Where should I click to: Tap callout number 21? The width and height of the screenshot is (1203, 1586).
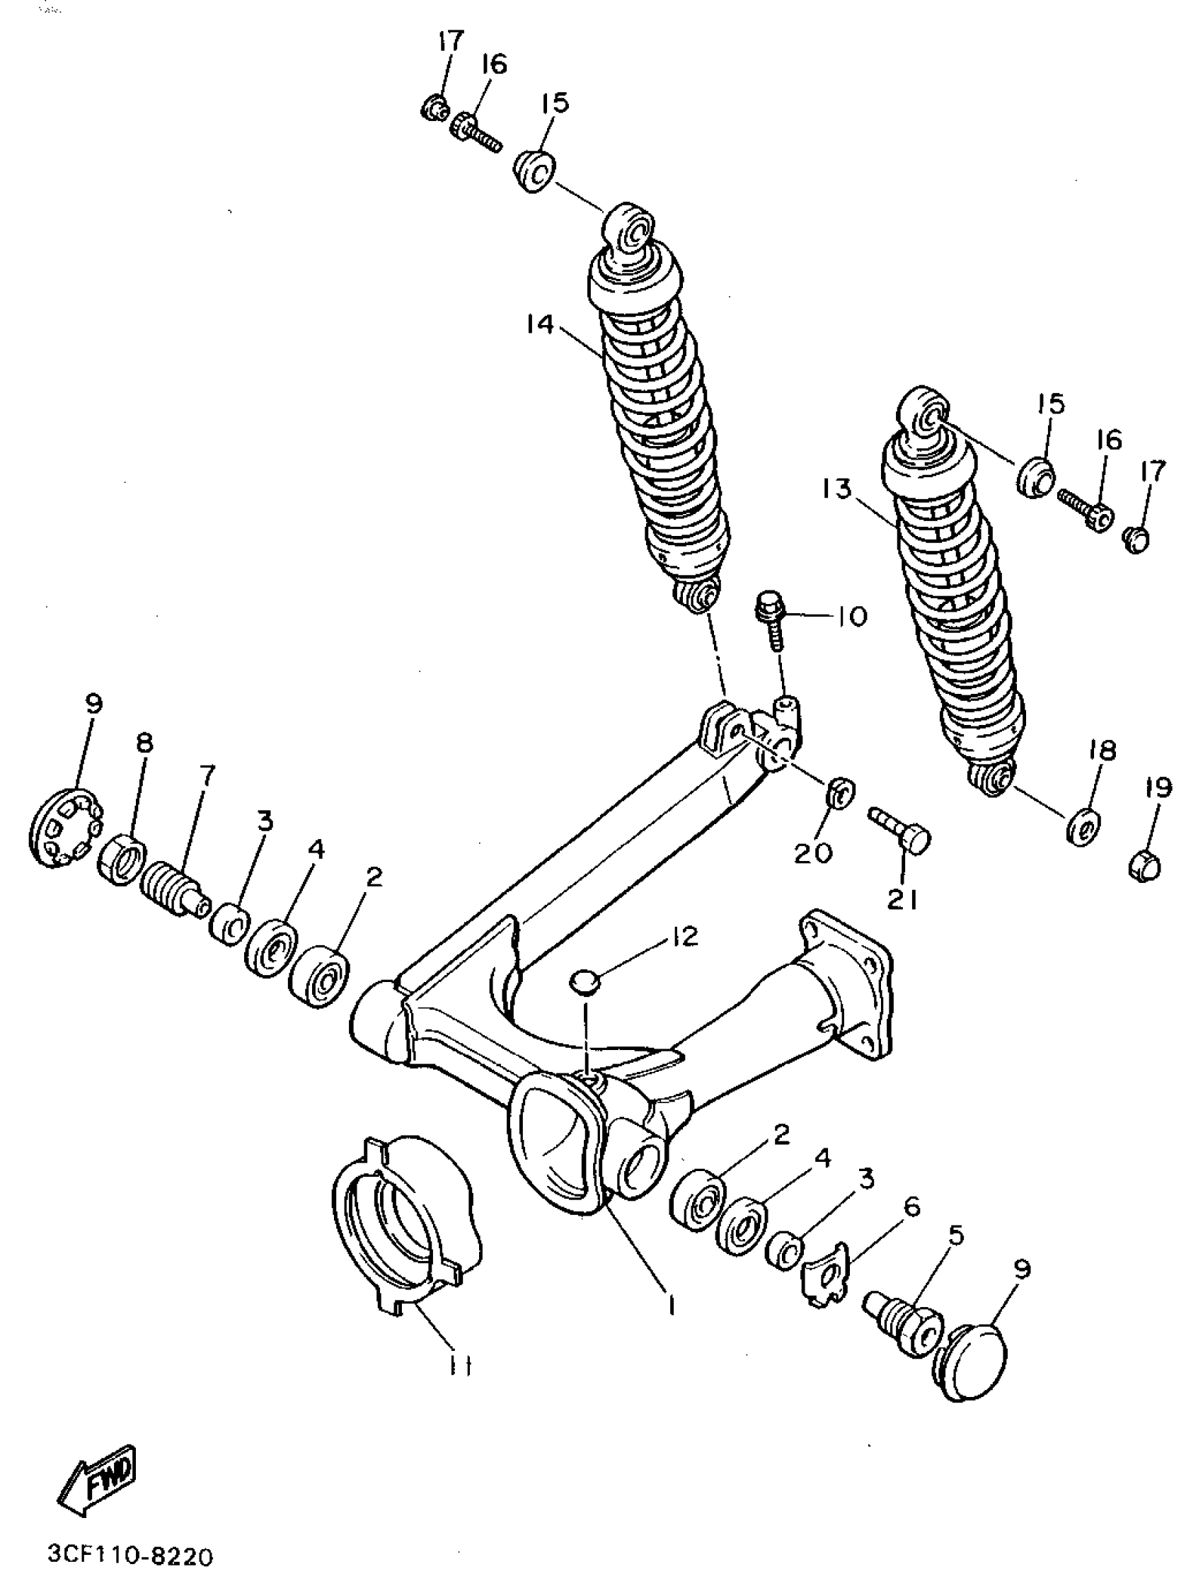tap(902, 900)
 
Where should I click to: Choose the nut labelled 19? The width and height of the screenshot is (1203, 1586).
tap(1144, 866)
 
